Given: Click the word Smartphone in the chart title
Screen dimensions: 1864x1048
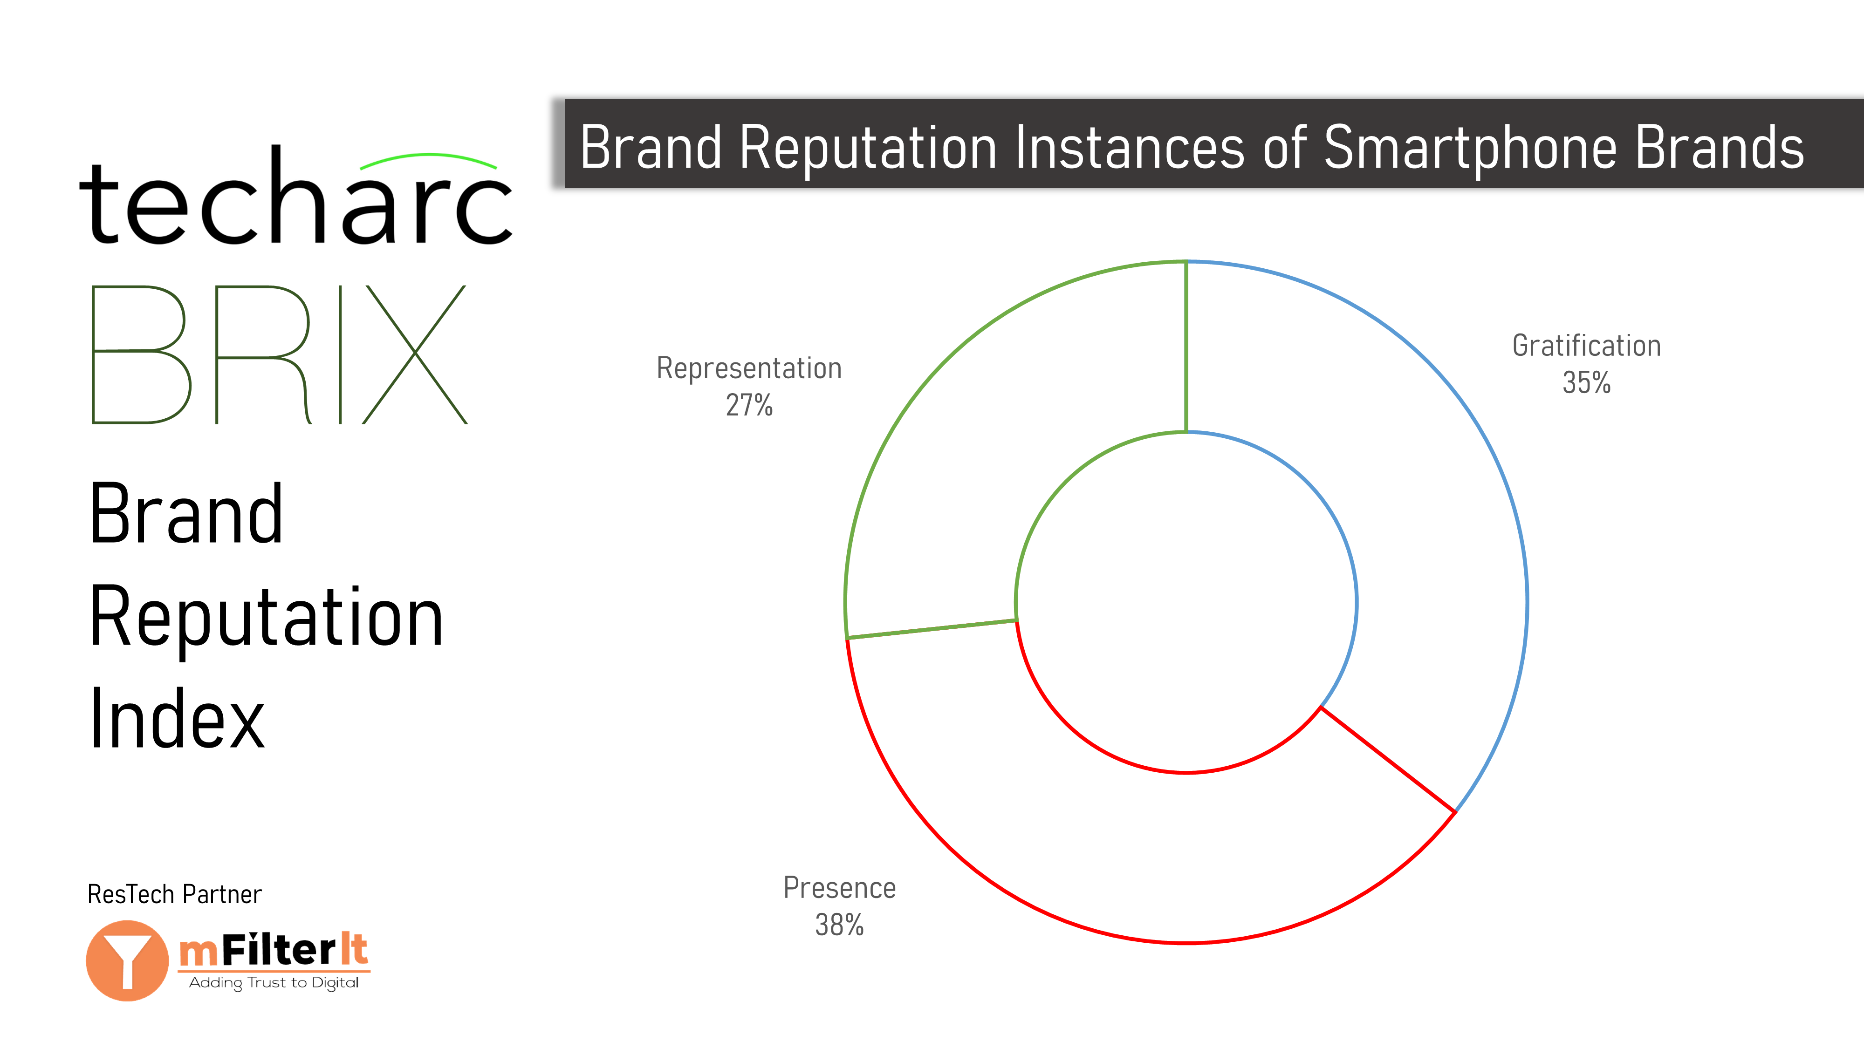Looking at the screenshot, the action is point(1469,148).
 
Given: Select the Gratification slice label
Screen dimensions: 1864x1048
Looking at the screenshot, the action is point(1586,346).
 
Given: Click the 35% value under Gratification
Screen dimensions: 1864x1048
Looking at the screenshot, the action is point(1586,382).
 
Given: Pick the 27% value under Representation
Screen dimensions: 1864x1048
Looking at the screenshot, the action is point(749,405).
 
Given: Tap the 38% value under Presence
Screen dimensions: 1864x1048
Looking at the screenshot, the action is point(839,924).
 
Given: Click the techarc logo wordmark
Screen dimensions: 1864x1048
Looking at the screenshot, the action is point(296,195).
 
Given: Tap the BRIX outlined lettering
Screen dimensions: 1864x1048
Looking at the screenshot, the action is point(279,354).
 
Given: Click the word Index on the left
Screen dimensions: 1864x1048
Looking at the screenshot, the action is point(177,719).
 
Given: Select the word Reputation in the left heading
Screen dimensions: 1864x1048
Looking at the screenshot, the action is point(266,617).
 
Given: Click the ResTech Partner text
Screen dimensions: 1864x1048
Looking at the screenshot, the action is point(174,895).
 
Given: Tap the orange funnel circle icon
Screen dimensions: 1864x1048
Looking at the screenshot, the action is point(127,960).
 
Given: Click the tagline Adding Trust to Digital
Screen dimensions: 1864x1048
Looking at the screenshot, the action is point(274,982).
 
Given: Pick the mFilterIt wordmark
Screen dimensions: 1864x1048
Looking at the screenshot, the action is point(274,950).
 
